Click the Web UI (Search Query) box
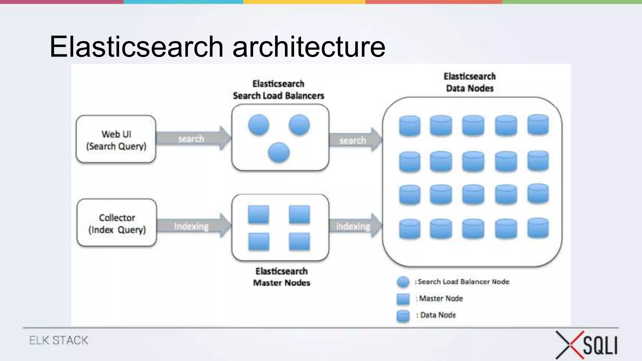tap(116, 139)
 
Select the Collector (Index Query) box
tap(117, 223)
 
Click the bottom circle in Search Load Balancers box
tap(279, 153)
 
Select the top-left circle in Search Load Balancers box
tap(258, 125)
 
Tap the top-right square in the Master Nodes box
tap(299, 215)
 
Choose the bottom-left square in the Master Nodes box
tap(259, 242)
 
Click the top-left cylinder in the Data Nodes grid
tap(409, 126)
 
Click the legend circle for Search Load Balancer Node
tap(403, 282)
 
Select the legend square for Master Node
tap(403, 299)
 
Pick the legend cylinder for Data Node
tap(403, 316)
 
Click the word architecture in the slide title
tap(308, 47)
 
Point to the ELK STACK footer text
tap(59, 340)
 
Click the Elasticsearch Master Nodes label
tap(282, 277)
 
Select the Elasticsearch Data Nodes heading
tap(470, 82)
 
